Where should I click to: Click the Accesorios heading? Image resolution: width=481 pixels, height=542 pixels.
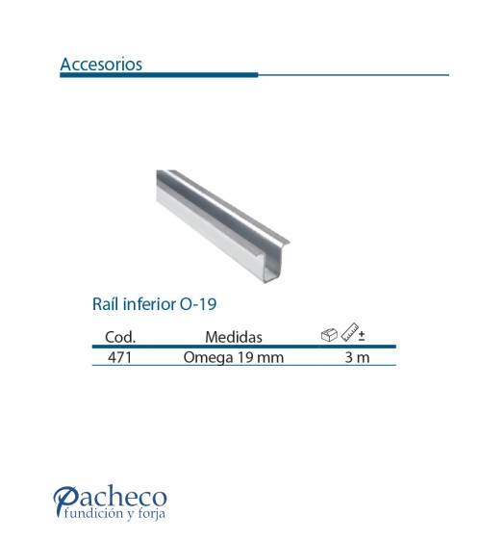101,64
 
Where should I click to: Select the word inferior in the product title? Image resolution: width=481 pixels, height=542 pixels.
149,304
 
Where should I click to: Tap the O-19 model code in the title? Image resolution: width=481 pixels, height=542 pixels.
198,304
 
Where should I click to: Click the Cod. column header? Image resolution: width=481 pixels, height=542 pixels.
120,337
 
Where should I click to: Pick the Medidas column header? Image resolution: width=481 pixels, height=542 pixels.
234,337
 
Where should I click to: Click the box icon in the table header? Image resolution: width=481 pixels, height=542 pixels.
329,335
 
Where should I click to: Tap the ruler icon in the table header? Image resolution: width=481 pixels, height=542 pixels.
350,332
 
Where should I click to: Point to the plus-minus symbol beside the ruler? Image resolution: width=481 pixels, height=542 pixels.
362,336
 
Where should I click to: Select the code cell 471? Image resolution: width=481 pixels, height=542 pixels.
120,357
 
